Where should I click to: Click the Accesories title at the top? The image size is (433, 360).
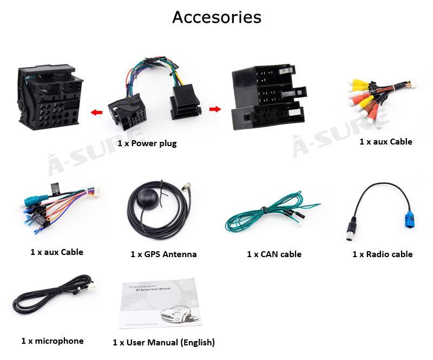(x=216, y=17)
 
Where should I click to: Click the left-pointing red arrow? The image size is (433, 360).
(x=97, y=113)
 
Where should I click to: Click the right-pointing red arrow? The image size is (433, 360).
(x=215, y=109)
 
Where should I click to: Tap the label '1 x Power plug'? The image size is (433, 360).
(x=147, y=143)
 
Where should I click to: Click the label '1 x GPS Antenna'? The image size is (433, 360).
(x=163, y=254)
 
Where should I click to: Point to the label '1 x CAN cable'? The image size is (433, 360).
(x=274, y=254)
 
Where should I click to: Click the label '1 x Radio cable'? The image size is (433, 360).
(x=382, y=254)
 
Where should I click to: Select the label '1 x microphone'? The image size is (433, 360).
(x=53, y=341)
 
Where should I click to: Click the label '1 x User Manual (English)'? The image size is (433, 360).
(x=163, y=342)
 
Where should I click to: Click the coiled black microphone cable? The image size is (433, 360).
(x=51, y=298)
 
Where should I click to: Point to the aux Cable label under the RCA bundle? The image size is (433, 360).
(x=385, y=142)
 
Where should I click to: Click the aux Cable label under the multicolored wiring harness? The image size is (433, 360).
(x=57, y=252)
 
